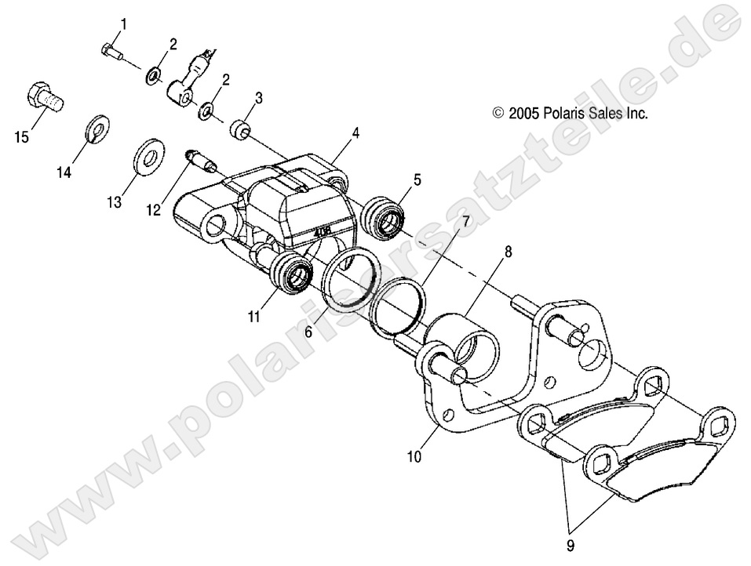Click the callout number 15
click(x=21, y=138)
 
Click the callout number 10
click(x=414, y=455)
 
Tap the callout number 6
click(x=308, y=333)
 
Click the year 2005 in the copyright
click(x=523, y=114)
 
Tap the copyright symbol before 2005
click(x=498, y=114)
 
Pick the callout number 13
click(x=115, y=202)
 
